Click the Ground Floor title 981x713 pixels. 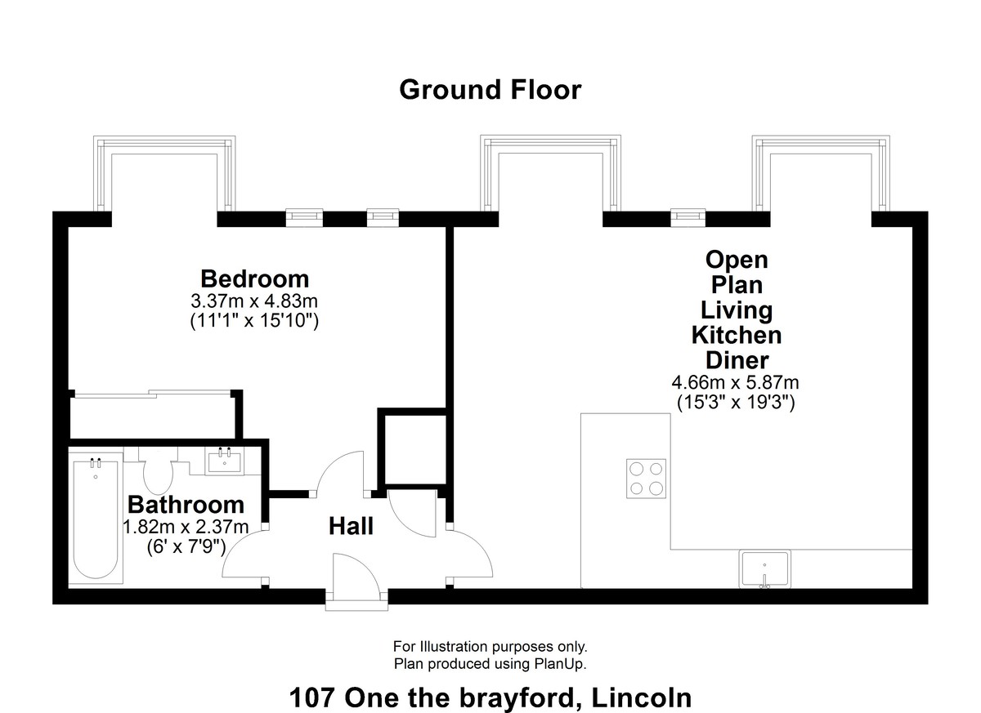[490, 90]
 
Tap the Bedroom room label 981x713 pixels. [254, 279]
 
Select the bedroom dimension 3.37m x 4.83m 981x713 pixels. [254, 301]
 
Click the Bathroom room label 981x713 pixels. [186, 505]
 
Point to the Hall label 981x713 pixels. [351, 526]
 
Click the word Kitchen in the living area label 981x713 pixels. [737, 336]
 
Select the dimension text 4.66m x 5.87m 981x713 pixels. [735, 382]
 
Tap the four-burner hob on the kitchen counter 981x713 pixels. [646, 478]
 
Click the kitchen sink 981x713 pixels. [764, 569]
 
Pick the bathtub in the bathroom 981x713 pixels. [96, 518]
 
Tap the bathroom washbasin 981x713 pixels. [224, 461]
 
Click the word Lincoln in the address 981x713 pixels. [642, 697]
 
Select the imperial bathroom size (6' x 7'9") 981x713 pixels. [186, 546]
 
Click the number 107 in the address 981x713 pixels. [311, 697]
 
